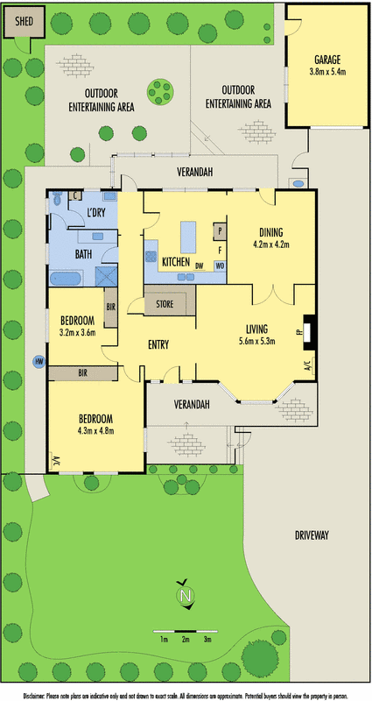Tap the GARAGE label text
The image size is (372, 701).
click(330, 60)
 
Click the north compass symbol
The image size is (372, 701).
click(185, 596)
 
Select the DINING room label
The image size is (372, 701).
click(270, 234)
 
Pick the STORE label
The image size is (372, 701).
click(165, 305)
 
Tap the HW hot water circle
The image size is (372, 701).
click(39, 361)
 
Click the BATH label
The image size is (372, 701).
click(84, 254)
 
